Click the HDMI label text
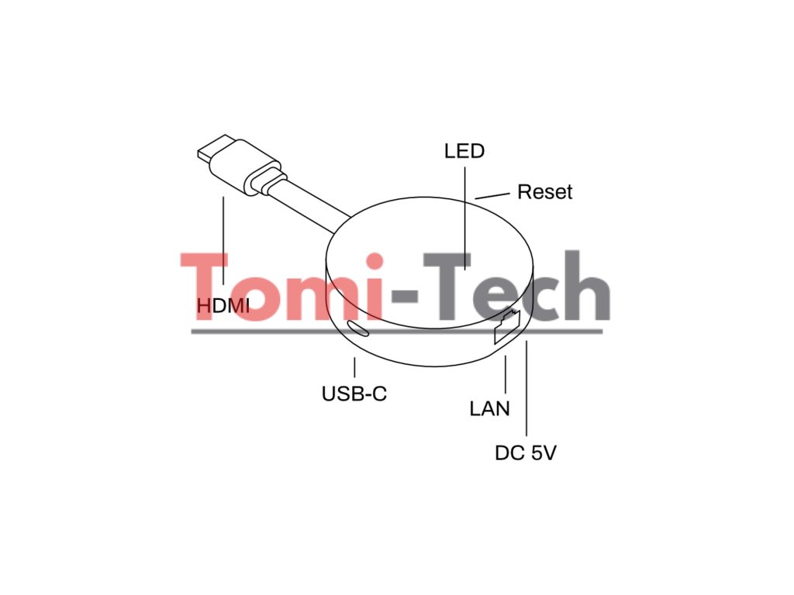[223, 306]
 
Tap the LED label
[464, 150]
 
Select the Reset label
[544, 192]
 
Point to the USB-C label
[354, 394]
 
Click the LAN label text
[490, 408]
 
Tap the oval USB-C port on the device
[359, 328]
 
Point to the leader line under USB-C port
[354, 367]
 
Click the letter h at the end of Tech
[586, 287]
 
